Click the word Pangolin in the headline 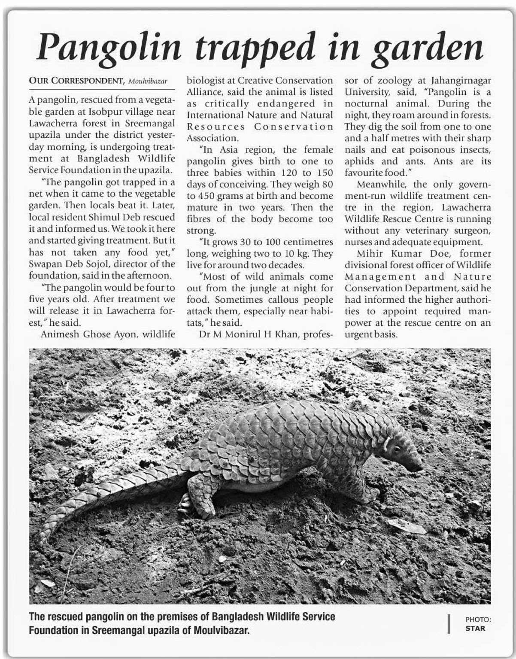109,47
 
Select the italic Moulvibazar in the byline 148,81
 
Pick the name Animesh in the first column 58,334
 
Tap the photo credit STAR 475,628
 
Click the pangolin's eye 396,450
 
